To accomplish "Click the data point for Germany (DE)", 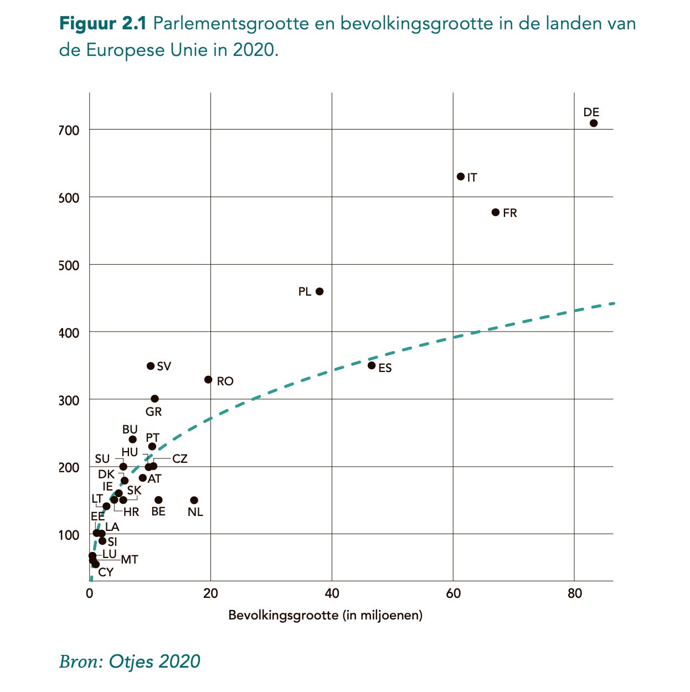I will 594,123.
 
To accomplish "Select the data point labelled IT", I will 461,177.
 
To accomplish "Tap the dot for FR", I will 496,212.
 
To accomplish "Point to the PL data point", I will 320,291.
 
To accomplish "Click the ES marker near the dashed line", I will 372,365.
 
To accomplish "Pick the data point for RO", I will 208,380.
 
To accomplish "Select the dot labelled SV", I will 151,366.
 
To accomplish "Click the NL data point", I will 194,500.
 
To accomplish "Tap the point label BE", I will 158,512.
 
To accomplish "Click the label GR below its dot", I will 153,412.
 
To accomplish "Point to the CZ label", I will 180,459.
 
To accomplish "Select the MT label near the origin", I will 130,560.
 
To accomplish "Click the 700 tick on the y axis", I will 69,131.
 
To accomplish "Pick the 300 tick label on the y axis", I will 69,400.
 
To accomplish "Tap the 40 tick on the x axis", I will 332,593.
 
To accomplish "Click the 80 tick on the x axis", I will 575,593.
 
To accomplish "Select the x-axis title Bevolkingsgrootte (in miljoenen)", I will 326,615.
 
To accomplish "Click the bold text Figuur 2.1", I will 102,24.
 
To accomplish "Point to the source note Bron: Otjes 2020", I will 130,661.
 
